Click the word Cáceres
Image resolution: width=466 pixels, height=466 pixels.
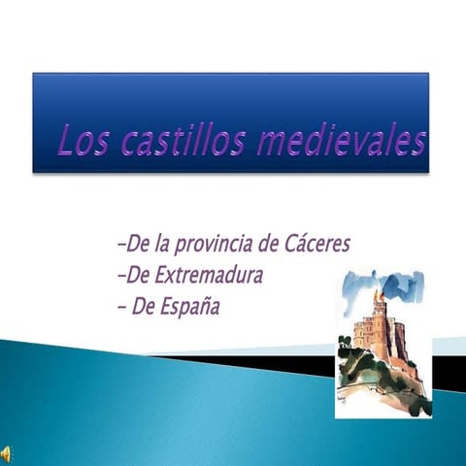pyautogui.click(x=313, y=242)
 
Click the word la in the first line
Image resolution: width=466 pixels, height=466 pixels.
pyautogui.click(x=159, y=242)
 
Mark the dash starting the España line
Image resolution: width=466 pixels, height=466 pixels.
pyautogui.click(x=119, y=308)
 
